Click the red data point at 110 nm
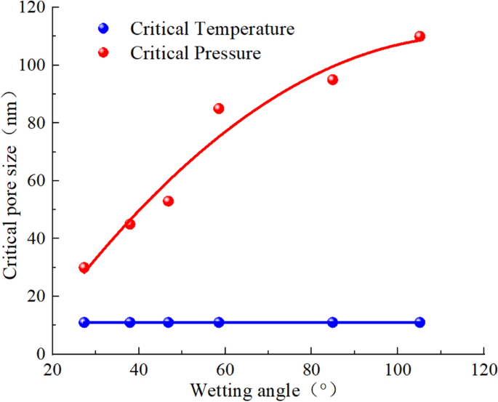point(419,36)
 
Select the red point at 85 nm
point(219,108)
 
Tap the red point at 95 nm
point(332,80)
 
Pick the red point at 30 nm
point(84,268)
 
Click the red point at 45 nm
point(130,224)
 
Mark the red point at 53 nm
point(169,201)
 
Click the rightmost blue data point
point(419,322)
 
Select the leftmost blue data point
point(84,322)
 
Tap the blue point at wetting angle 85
point(332,322)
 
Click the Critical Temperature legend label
point(212,29)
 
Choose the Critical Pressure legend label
point(196,53)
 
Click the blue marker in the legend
point(103,29)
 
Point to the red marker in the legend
point(103,52)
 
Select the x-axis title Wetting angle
point(254,390)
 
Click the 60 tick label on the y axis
point(33,180)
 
